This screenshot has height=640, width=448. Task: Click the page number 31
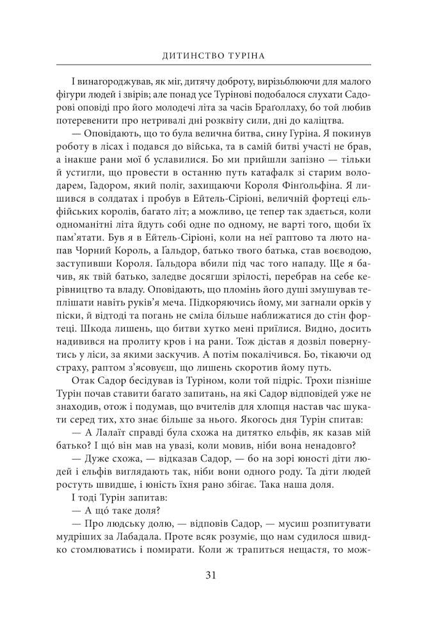[224, 574]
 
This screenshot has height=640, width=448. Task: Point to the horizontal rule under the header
[224, 67]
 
